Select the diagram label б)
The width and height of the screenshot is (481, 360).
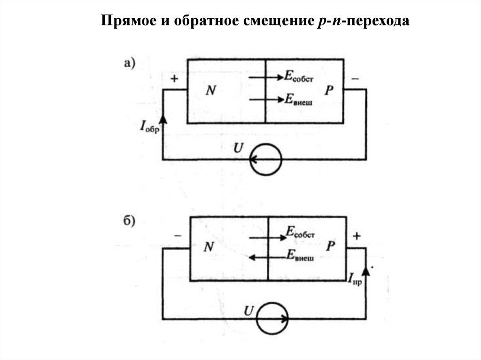coord(130,221)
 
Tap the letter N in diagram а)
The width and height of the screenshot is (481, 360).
coord(210,91)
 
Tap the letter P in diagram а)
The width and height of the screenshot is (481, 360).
coord(327,91)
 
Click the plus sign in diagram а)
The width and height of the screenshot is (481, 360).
coord(174,79)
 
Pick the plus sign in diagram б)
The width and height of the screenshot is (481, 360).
coord(357,236)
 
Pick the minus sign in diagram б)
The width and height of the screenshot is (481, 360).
coord(177,236)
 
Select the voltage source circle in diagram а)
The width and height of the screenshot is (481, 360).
coord(266,160)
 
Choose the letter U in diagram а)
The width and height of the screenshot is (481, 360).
coord(239,149)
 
